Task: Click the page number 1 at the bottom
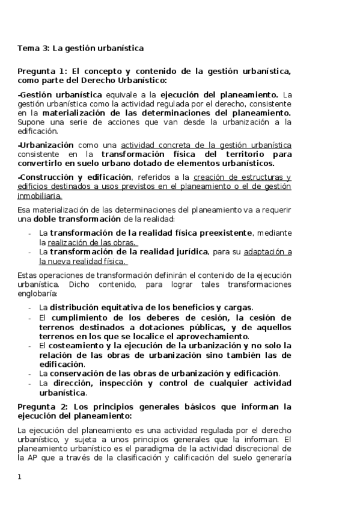click(20, 477)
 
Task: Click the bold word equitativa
click(132, 307)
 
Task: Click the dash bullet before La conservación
click(31, 373)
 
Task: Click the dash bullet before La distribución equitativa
click(31, 307)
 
